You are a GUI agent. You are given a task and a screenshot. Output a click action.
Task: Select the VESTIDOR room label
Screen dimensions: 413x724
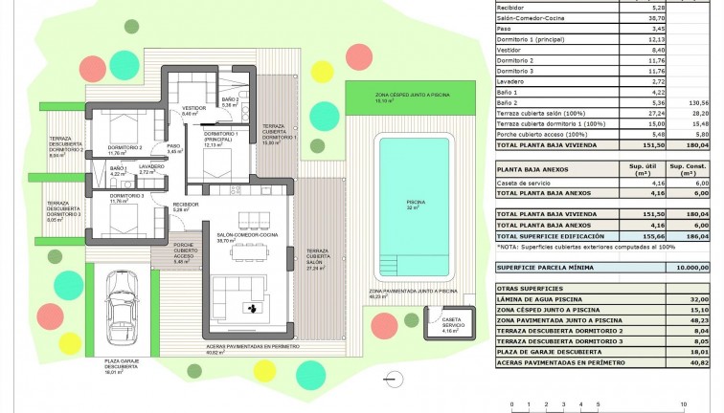tap(194, 109)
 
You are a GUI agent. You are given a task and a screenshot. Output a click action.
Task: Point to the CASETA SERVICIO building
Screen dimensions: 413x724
tap(452, 324)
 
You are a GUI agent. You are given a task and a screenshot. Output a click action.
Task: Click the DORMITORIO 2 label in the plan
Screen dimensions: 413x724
tap(125, 148)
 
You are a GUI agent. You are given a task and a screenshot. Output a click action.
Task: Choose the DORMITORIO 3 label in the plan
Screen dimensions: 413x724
tap(125, 197)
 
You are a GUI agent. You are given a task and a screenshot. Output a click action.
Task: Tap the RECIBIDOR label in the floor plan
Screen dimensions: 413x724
tap(185, 206)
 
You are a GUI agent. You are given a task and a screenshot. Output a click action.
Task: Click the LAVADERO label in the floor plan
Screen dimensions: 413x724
tap(151, 166)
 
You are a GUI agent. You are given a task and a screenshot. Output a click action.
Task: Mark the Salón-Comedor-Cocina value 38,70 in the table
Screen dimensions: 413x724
tap(649, 17)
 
